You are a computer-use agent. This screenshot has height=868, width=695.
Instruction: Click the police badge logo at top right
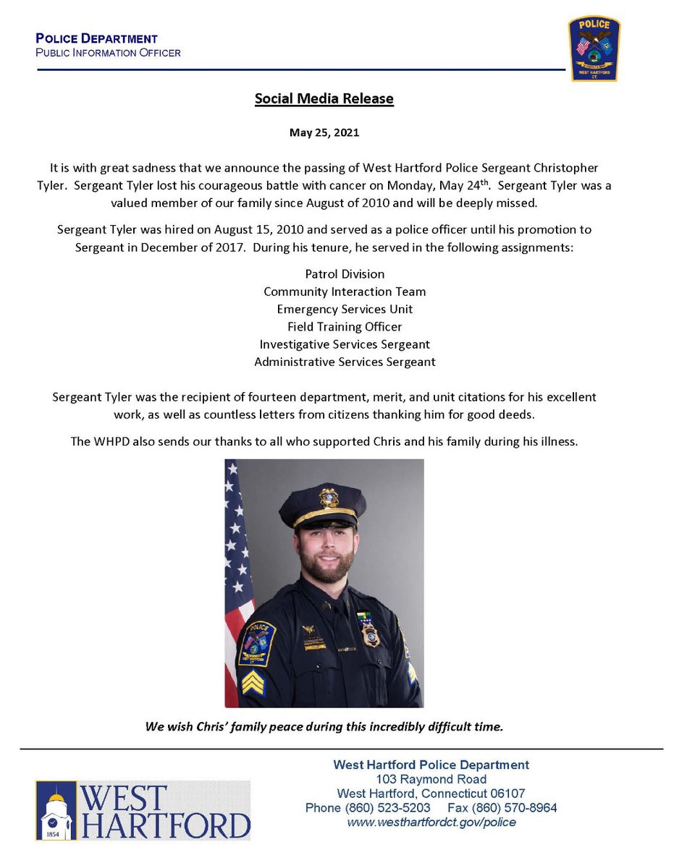pos(593,48)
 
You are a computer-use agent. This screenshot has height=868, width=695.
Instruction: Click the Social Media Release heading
pos(324,98)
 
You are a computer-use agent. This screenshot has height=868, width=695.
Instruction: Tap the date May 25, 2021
pos(324,133)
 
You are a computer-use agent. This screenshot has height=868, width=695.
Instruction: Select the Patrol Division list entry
pos(345,274)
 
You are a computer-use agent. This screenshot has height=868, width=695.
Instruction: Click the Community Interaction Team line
pos(345,292)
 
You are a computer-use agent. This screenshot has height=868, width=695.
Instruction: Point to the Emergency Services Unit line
pos(345,309)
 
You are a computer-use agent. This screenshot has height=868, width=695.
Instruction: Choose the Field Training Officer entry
pos(345,326)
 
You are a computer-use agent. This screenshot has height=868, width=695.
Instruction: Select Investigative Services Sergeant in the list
pos(345,344)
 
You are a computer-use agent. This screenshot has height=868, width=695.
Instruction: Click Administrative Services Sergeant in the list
pos(345,361)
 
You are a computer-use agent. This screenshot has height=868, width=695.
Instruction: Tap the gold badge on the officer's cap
pos(329,497)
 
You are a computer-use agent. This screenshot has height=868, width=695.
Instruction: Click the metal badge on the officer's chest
pos(370,634)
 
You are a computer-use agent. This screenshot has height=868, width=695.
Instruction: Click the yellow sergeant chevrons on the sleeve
pos(253,682)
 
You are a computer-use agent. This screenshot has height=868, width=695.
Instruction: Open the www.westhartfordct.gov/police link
pos(431,822)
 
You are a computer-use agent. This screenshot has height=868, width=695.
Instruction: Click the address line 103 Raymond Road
pos(431,779)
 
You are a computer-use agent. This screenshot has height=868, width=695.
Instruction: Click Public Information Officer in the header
pos(109,53)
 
